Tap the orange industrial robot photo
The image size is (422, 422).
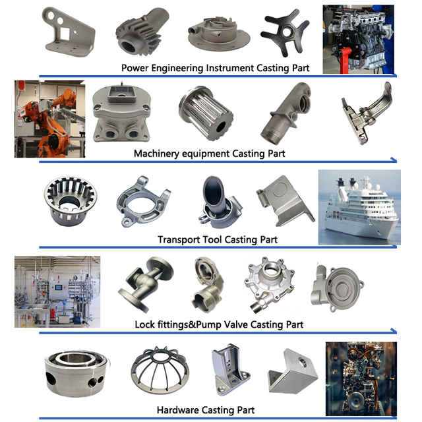click(49, 119)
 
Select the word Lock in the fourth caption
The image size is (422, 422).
click(145, 324)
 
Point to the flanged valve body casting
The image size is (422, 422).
click(146, 284)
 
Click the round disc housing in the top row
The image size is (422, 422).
click(217, 32)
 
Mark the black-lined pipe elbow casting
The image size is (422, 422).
click(216, 199)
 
